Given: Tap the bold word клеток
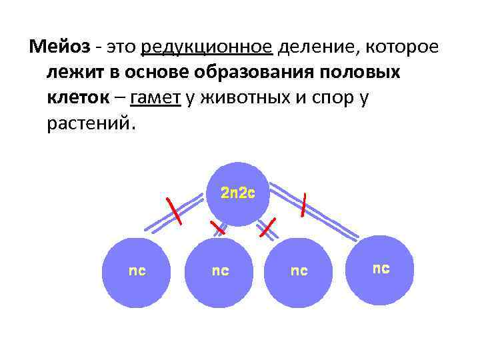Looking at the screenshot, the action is point(75,98).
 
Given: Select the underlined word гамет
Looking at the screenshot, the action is point(156,98).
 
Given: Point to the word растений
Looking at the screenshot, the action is point(91,124).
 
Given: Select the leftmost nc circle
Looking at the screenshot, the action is point(137,272).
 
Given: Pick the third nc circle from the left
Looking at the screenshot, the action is point(299,272).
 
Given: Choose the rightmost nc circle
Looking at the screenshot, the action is point(381,269).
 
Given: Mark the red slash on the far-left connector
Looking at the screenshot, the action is point(175,211).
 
